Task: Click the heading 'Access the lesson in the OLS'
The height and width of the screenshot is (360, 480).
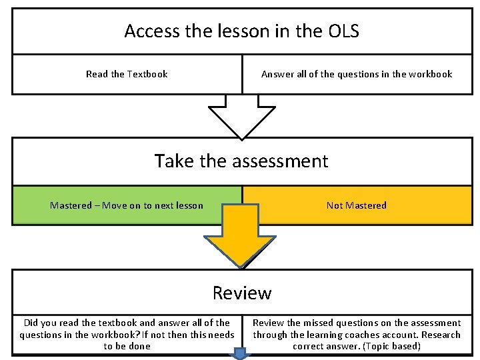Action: click(241, 31)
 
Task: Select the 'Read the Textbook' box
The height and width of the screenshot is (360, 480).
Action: click(127, 74)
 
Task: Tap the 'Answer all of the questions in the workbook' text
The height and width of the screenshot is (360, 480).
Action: click(357, 74)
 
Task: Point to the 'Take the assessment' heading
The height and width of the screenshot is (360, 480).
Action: click(241, 161)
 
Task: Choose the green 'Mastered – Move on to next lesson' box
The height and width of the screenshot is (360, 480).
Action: click(127, 205)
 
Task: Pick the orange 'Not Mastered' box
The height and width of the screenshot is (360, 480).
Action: click(357, 205)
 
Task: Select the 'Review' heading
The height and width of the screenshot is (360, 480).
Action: click(242, 293)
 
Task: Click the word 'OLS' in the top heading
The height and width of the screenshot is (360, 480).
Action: click(343, 31)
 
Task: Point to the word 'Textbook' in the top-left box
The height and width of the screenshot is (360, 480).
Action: click(147, 74)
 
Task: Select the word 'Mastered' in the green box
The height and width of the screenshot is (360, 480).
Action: click(70, 205)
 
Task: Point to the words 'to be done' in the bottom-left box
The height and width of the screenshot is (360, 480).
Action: click(127, 346)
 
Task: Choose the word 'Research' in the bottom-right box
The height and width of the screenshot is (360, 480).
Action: click(440, 335)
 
